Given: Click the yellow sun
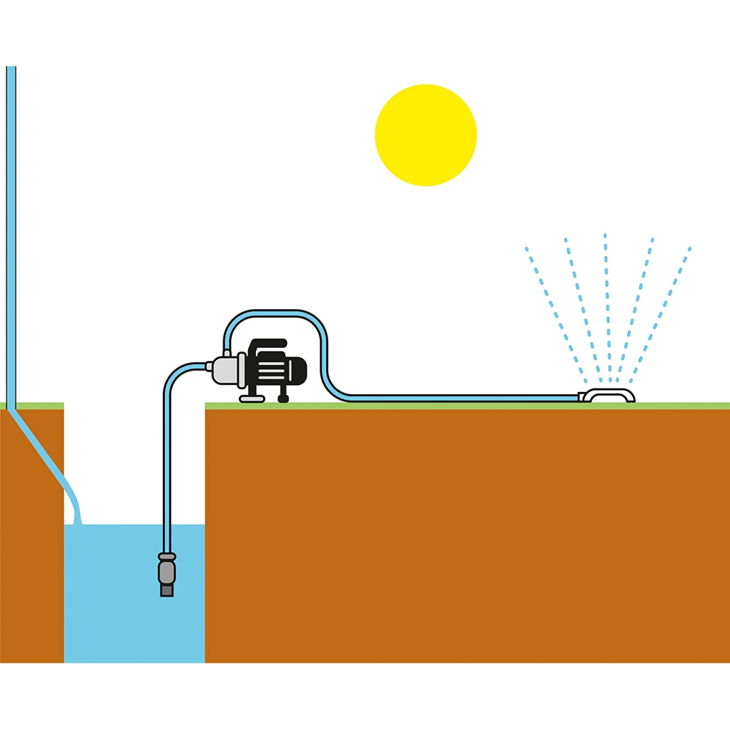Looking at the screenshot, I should pyautogui.click(x=425, y=135).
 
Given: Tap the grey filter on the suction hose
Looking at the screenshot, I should pyautogui.click(x=166, y=572).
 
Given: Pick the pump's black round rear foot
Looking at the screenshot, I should pyautogui.click(x=283, y=398).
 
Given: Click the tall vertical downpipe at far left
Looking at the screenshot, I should pyautogui.click(x=11, y=231).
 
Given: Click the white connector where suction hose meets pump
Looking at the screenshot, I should pyautogui.click(x=209, y=366).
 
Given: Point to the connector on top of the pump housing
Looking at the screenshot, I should pyautogui.click(x=226, y=352).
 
